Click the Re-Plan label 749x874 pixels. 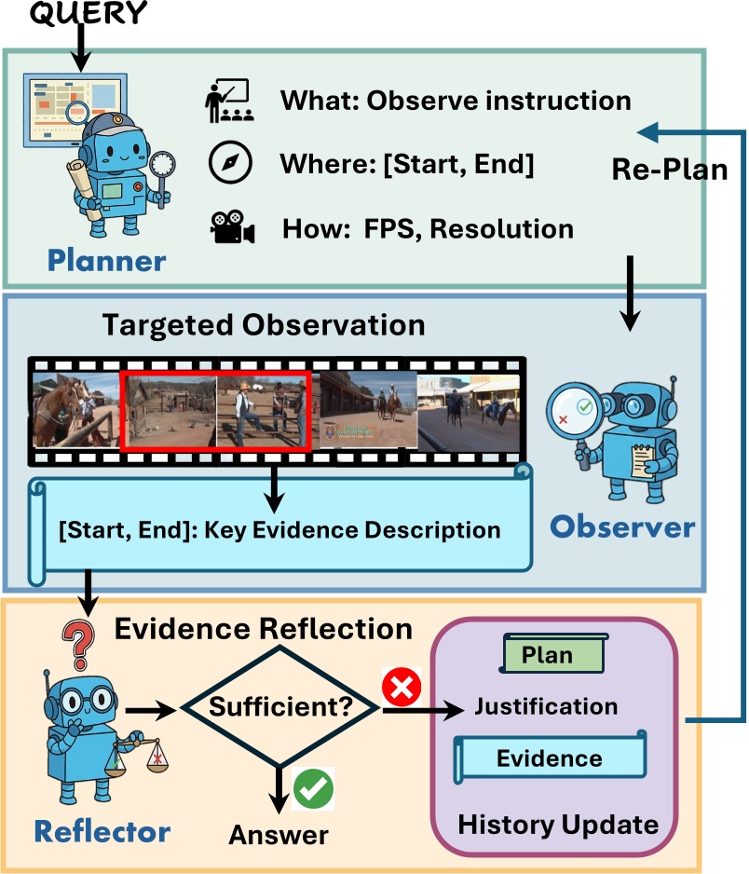670,170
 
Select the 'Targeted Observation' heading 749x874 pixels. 263,325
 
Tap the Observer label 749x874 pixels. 621,526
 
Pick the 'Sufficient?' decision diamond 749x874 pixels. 279,707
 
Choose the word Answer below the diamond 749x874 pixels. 279,834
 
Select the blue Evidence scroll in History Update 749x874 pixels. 549,758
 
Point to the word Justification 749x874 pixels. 546,706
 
